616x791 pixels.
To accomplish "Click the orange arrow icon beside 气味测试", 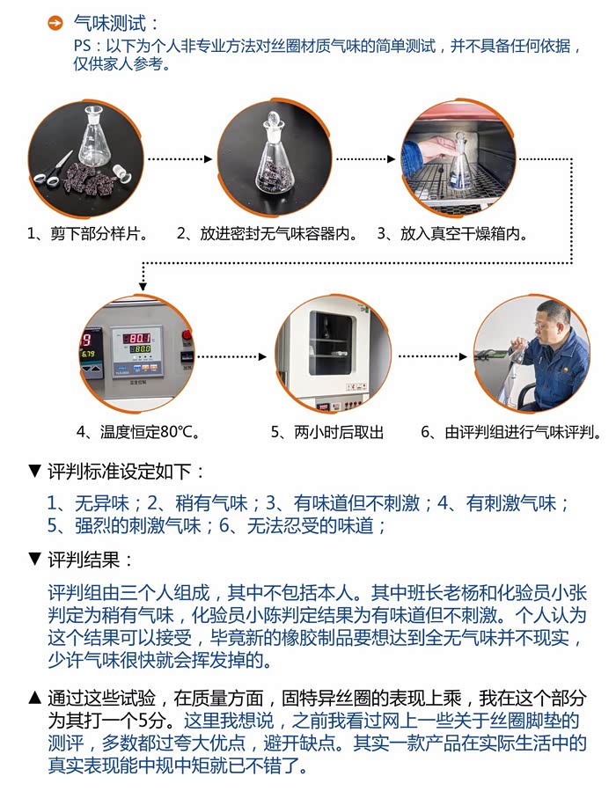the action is [55, 23].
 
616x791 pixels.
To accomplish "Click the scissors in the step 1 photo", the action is [53, 171].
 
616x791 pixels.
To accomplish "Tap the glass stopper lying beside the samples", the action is [121, 172].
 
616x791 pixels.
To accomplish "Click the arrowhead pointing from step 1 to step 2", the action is [208, 159].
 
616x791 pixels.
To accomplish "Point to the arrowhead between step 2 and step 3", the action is [391, 159].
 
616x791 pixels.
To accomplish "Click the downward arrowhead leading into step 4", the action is [143, 287].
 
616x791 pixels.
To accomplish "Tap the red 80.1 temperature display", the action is [138, 338].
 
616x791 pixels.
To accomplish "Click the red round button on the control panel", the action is [187, 334].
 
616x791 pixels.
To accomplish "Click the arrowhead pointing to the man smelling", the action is [463, 356].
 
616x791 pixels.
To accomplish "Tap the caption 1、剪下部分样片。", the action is [88, 233].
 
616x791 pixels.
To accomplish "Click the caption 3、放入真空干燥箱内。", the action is [452, 233].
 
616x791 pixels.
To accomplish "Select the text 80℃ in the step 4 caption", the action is [177, 432].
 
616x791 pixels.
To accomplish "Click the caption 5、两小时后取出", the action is [327, 432].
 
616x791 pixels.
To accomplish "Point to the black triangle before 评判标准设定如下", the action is [35, 472].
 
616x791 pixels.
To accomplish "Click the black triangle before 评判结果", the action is [35, 559].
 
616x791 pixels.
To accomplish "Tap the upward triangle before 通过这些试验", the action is [35, 697].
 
